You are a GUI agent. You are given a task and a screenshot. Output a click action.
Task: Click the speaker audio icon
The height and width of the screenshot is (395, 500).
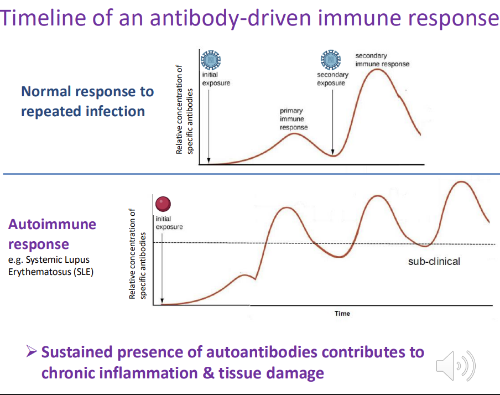[x=456, y=366]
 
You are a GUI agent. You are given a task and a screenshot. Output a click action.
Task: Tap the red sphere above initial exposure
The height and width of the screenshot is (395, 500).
[x=163, y=204]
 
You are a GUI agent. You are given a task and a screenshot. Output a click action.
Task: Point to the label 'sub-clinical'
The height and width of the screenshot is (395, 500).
[x=434, y=261]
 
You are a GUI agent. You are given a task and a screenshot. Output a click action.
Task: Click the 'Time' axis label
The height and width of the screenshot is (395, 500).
[x=342, y=314]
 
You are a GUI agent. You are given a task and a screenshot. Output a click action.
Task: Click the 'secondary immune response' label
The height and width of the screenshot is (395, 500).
[x=382, y=60]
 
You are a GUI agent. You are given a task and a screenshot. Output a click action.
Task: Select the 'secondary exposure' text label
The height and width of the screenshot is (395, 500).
[x=332, y=79]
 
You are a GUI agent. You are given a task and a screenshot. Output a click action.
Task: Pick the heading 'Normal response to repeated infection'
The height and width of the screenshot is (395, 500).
[x=87, y=101]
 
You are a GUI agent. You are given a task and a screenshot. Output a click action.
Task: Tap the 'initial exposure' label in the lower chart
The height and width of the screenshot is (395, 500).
[x=168, y=223]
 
